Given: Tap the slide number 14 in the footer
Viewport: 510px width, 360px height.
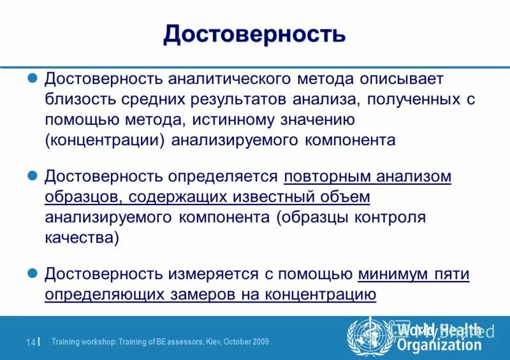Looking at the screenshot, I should (x=30, y=342).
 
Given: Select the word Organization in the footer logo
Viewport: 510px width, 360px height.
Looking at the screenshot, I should (x=439, y=345).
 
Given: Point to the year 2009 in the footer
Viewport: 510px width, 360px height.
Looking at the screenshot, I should (x=259, y=342).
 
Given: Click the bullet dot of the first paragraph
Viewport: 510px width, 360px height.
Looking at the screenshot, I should (x=36, y=78).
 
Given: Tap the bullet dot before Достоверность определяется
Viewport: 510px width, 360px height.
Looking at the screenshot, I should (x=36, y=175).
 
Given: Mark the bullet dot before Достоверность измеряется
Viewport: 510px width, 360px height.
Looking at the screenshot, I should (x=36, y=273).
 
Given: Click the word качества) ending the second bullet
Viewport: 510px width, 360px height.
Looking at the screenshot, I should (x=81, y=237).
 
